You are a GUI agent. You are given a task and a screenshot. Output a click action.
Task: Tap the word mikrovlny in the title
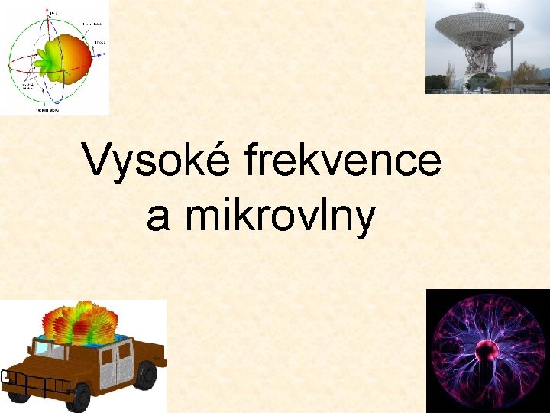coord(284,216)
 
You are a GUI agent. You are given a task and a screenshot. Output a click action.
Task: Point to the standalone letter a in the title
coord(157,218)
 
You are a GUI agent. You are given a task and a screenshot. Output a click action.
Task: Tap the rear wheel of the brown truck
coord(144,376)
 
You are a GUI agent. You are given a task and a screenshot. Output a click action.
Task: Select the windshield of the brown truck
coord(48,349)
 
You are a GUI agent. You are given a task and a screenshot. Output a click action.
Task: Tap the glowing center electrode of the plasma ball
coord(487,351)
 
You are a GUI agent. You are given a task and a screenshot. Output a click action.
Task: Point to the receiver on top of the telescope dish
coord(479,6)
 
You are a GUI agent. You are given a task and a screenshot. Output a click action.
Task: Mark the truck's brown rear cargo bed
coord(150,353)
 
